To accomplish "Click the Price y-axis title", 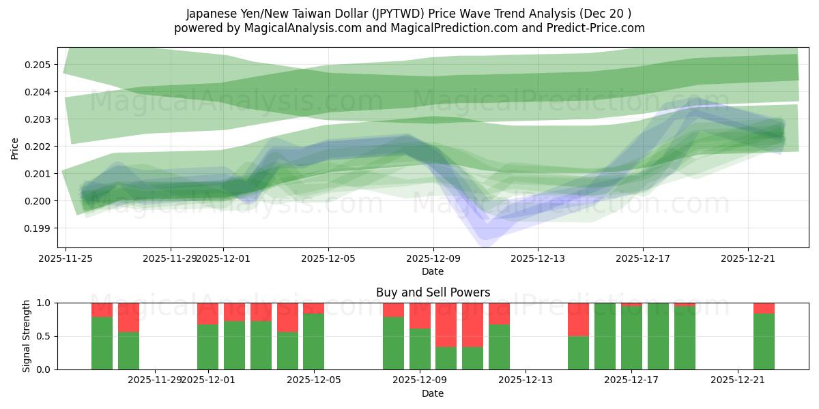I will click(x=15, y=147).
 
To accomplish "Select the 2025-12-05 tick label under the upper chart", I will click(x=328, y=258).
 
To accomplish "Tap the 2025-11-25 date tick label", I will click(x=66, y=258).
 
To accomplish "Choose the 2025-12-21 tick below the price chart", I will click(x=748, y=258).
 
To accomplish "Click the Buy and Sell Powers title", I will click(x=433, y=292).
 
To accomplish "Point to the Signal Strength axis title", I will click(x=27, y=336).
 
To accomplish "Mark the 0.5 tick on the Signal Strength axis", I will click(x=44, y=336).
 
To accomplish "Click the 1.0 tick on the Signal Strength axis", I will click(x=44, y=303).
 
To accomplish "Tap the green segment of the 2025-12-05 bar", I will click(x=314, y=341).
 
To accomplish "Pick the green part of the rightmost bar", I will click(x=764, y=341).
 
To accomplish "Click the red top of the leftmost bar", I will click(x=102, y=309).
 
